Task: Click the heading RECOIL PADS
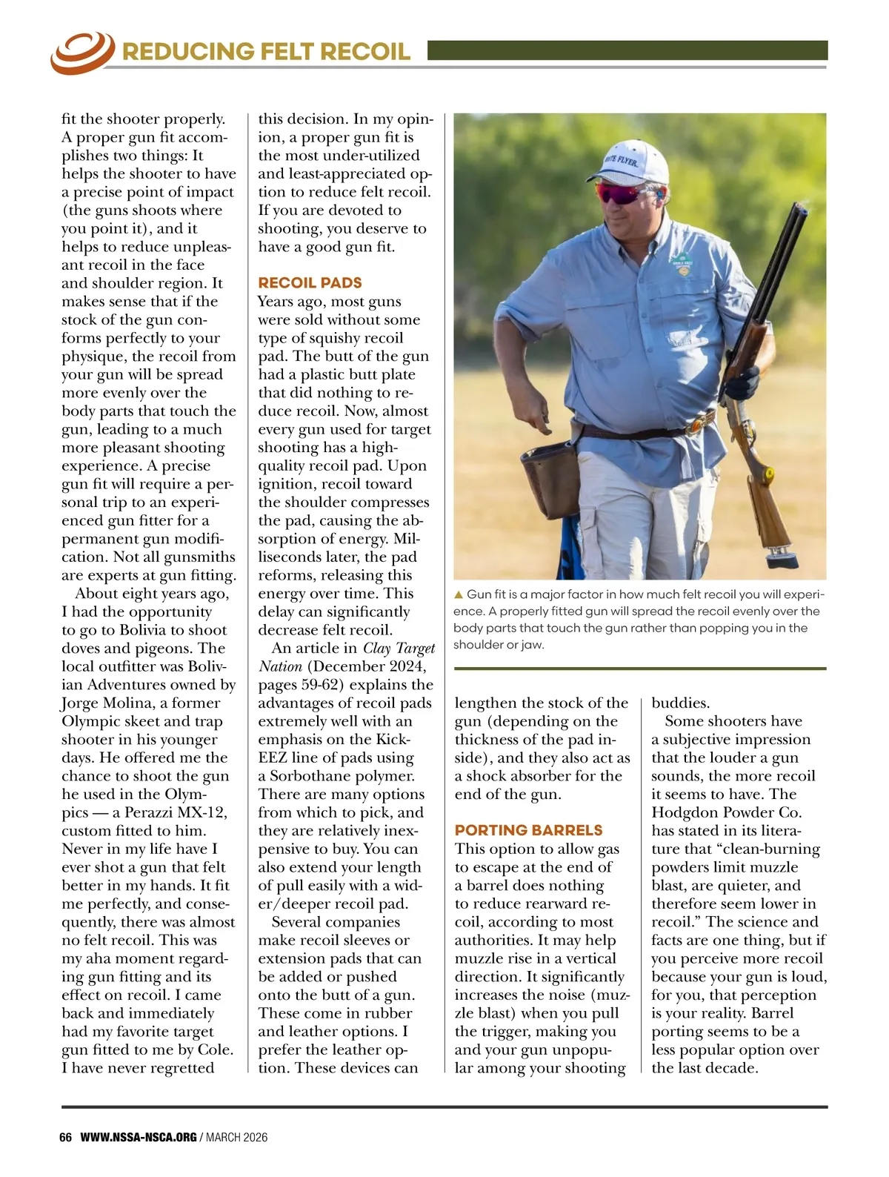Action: (310, 282)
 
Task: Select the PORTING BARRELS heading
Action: (528, 830)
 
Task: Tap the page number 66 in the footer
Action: (65, 1137)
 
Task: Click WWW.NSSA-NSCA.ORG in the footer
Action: (138, 1137)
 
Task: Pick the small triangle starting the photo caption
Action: (459, 594)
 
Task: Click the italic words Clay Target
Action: (399, 649)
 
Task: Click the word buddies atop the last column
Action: (680, 703)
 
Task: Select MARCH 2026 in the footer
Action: (237, 1137)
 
